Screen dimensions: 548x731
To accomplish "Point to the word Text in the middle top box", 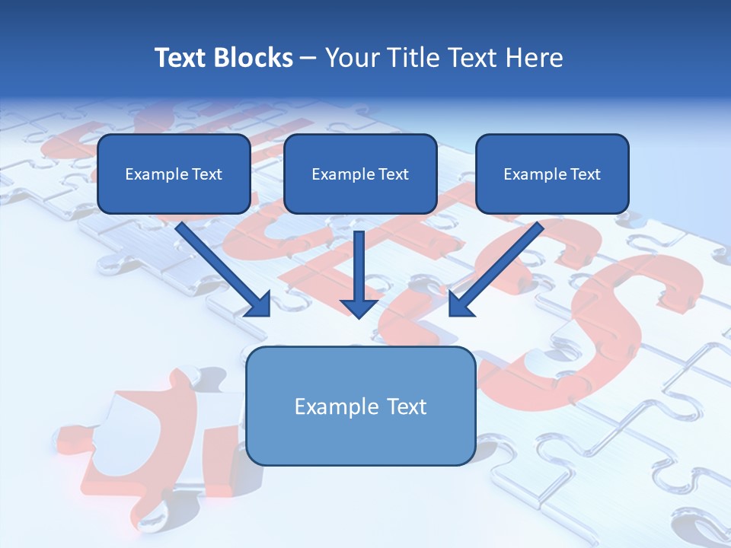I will coord(394,174).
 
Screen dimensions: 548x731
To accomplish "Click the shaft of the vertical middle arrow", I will coord(359,263).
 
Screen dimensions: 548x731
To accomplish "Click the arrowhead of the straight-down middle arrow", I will coord(359,307).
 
